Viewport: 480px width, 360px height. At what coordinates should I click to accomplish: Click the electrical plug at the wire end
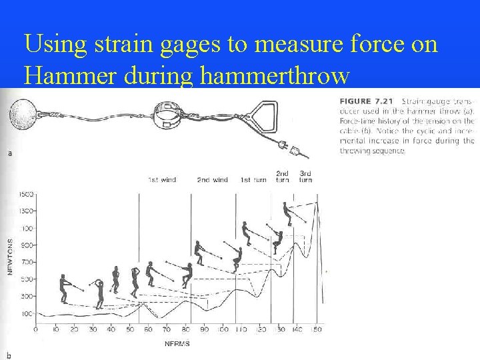click(x=292, y=145)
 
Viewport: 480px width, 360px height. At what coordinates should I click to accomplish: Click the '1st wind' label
click(x=162, y=180)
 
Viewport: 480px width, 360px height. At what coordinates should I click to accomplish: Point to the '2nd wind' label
click(x=212, y=180)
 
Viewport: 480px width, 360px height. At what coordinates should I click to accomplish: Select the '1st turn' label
click(x=253, y=180)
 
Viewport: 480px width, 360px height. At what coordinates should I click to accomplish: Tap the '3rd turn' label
click(x=305, y=177)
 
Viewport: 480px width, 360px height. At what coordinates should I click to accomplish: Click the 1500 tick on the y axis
click(x=26, y=194)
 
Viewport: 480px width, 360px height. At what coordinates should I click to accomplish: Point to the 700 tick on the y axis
click(x=27, y=262)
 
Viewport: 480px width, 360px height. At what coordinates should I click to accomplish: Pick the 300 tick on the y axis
click(x=27, y=296)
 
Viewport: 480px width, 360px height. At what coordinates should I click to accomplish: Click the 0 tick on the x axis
click(x=35, y=330)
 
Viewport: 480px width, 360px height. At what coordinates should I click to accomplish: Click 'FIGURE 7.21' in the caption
click(x=361, y=101)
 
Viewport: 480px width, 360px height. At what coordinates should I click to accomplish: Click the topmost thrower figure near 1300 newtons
click(x=287, y=213)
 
